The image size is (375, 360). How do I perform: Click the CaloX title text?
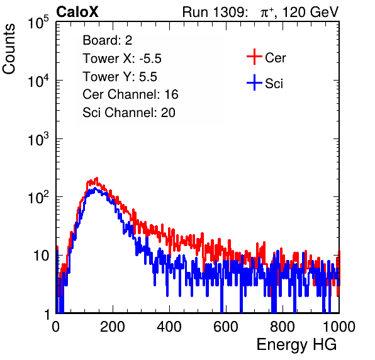[77, 12]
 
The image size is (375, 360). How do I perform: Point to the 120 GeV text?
[310, 12]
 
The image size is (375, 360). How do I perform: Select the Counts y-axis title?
[9, 49]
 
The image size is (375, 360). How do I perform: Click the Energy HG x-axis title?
[296, 345]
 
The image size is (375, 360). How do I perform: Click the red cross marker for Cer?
[254, 57]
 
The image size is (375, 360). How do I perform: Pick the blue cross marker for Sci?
[254, 82]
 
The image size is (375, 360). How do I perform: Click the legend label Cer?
[275, 58]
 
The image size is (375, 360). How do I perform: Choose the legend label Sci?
[274, 84]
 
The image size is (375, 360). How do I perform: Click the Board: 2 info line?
[108, 40]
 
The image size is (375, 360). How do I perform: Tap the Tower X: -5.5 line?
[122, 59]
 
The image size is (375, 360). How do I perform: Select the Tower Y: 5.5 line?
[120, 77]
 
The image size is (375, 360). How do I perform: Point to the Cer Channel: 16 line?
[130, 94]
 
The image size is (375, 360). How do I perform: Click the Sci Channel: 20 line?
[129, 113]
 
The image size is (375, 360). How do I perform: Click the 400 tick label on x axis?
[169, 327]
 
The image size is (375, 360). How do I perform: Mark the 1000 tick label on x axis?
[339, 327]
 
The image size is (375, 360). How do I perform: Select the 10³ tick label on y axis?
[38, 139]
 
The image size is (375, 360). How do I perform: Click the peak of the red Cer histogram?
[97, 178]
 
